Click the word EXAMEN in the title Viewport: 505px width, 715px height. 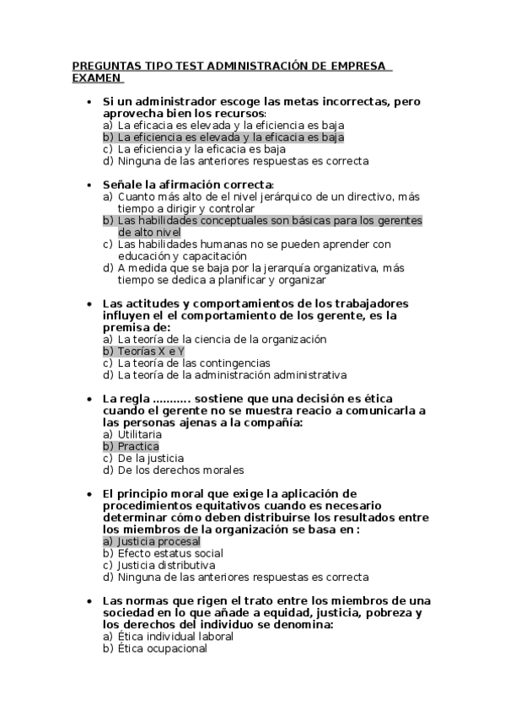pyautogui.click(x=97, y=78)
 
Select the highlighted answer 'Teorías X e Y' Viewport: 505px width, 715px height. pyautogui.click(x=151, y=351)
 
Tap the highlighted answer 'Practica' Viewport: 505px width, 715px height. pyautogui.click(x=138, y=446)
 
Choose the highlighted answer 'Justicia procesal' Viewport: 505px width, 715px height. pyautogui.click(x=158, y=541)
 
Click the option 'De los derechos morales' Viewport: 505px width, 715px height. pyautogui.click(x=180, y=470)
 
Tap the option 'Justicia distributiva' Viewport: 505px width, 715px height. pyautogui.click(x=166, y=565)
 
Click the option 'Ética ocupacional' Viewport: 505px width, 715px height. pyautogui.click(x=162, y=648)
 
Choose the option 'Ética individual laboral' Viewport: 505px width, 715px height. pyautogui.click(x=175, y=637)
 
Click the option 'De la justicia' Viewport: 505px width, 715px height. pyautogui.click(x=153, y=458)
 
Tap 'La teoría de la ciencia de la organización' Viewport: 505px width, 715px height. pyautogui.click(x=221, y=339)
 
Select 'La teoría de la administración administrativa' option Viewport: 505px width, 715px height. pyautogui.click(x=232, y=374)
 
